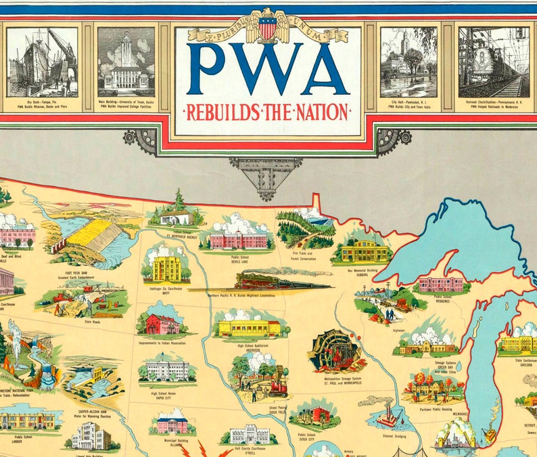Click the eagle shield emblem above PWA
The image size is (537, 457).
268,27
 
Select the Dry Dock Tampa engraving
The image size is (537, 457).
43,62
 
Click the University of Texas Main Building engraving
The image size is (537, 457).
126,62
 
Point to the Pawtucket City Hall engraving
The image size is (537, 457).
408,62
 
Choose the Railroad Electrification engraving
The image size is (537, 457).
494,62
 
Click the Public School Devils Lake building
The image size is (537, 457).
238,239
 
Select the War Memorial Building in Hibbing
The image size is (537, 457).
365,252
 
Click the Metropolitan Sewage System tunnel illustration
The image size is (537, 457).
333,351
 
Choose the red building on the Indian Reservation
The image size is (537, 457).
162,324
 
